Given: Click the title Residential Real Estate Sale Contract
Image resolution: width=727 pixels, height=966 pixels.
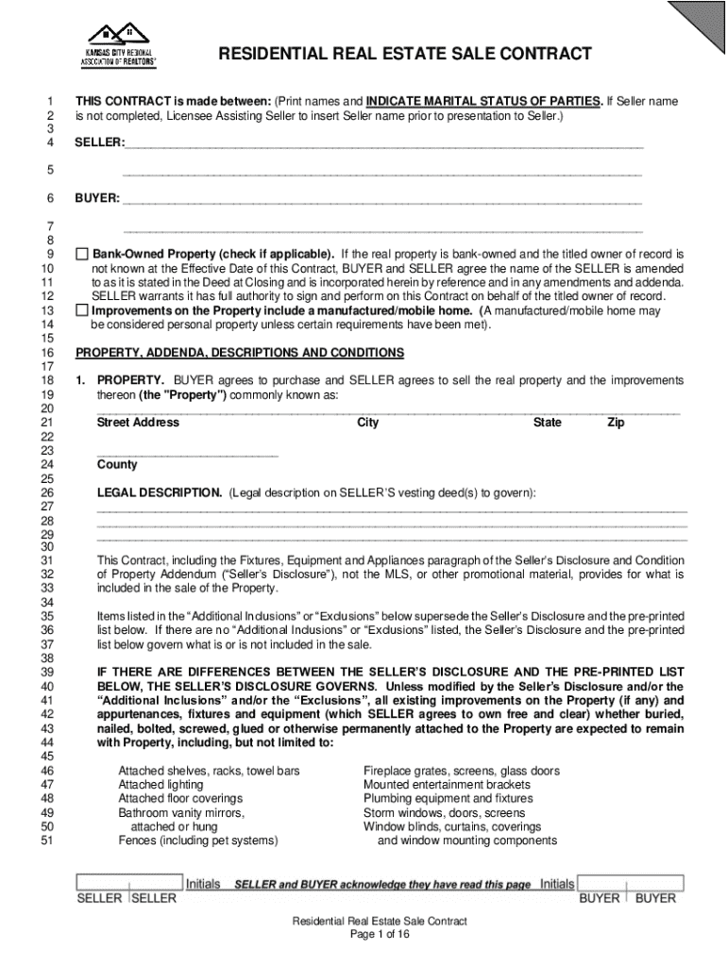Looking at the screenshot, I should (405, 54).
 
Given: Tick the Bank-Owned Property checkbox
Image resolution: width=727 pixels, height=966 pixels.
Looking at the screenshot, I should (82, 255).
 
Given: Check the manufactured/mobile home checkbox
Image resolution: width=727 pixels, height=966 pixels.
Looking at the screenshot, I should (82, 310).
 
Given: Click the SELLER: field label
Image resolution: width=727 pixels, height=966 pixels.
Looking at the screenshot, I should (99, 142).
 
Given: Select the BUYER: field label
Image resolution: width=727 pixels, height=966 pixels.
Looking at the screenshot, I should (97, 199).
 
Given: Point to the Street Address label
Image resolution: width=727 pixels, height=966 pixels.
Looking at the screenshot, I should (138, 423).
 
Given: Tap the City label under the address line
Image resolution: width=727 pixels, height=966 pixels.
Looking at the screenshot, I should (367, 423).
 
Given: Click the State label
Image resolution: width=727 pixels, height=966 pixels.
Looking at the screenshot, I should (547, 423).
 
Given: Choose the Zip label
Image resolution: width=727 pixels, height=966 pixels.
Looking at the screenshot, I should (616, 423).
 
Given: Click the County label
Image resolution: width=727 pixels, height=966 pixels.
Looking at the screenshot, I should (117, 464).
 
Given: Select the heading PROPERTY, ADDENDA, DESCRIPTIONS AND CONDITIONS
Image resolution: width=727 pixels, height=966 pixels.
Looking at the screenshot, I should (240, 353).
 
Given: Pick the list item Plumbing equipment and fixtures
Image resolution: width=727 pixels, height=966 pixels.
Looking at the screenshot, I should (448, 798).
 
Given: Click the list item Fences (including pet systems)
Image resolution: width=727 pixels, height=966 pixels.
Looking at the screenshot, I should (197, 841).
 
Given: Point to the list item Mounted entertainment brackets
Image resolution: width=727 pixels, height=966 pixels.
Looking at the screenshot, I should (447, 784).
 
